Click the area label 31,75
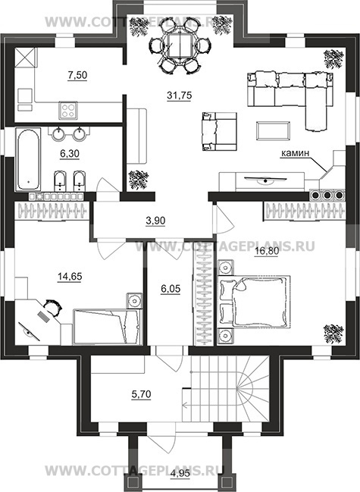[179, 96]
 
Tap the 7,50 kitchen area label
[77, 75]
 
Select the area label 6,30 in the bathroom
[69, 154]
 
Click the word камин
[295, 153]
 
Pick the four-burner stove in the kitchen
[68, 110]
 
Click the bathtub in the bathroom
[28, 159]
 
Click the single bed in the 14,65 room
[108, 327]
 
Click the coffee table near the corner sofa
[273, 131]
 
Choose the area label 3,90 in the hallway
[155, 221]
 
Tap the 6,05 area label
[171, 288]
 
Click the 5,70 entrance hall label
[141, 393]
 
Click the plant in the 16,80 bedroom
[333, 334]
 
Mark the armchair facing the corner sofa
[219, 131]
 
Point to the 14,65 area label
[70, 277]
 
